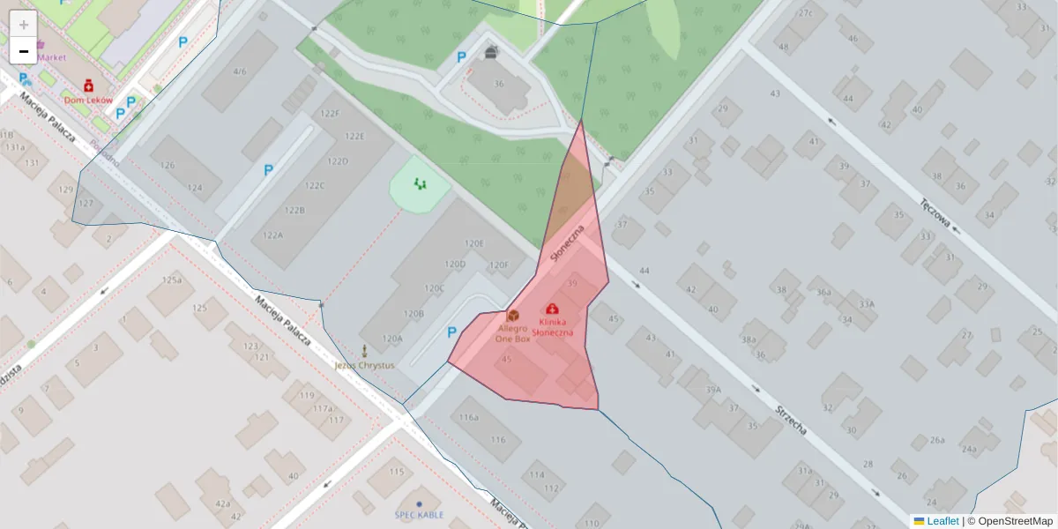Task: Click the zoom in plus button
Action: (24, 24)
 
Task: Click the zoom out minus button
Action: (24, 51)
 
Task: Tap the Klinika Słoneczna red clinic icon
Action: (552, 309)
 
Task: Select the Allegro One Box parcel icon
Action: (512, 315)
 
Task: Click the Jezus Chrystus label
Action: (364, 365)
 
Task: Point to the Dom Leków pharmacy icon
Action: (89, 86)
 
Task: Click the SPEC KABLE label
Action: (419, 515)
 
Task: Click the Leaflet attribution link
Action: (943, 521)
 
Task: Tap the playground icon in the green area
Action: (420, 184)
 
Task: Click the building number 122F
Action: (330, 114)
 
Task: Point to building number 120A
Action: (392, 339)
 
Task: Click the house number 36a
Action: (823, 293)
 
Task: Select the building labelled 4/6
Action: (240, 71)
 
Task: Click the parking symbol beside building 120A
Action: (452, 332)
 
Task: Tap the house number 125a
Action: (173, 280)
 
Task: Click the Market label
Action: (51, 57)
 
